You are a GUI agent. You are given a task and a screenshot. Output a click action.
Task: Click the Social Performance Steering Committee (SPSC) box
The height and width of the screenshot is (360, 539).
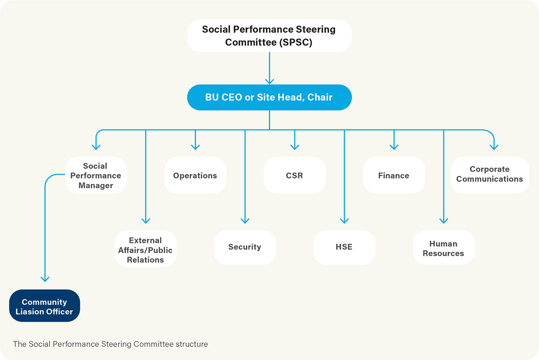(269, 36)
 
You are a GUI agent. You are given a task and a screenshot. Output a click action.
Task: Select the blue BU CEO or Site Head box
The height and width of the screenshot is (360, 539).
(269, 97)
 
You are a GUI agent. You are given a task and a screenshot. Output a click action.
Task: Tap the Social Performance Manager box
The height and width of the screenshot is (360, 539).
(96, 175)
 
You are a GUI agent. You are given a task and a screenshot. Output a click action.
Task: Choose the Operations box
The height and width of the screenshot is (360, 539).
(195, 175)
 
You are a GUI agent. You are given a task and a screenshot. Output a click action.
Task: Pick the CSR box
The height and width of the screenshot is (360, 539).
(294, 175)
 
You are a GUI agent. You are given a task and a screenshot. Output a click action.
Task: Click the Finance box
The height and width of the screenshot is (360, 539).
(394, 175)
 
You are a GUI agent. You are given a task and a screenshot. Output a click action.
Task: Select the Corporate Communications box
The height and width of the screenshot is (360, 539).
(490, 175)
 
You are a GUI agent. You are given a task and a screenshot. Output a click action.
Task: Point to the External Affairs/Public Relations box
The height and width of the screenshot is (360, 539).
(146, 248)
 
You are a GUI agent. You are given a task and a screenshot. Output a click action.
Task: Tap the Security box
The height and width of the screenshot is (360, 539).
(245, 248)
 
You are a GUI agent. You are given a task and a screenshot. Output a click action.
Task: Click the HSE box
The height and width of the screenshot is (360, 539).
(344, 248)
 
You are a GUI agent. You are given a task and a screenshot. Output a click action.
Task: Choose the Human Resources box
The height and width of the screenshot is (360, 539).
(443, 248)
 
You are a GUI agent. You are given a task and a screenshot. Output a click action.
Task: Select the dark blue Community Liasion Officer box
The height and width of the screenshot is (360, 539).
(45, 306)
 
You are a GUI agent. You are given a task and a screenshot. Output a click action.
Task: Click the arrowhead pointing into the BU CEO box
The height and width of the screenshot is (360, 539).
(269, 81)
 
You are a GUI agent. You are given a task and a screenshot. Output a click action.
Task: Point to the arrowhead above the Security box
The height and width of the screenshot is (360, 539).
(245, 221)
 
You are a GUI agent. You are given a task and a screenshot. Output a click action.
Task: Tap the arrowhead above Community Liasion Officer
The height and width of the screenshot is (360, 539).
(45, 279)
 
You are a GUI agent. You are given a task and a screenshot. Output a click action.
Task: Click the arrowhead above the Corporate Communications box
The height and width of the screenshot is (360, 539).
(494, 147)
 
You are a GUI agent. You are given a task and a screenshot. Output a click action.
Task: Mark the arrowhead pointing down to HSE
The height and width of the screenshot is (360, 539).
(344, 221)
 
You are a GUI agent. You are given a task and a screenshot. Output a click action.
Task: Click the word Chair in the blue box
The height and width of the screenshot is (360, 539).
(320, 97)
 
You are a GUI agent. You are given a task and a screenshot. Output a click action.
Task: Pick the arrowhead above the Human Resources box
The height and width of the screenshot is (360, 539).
(444, 221)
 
